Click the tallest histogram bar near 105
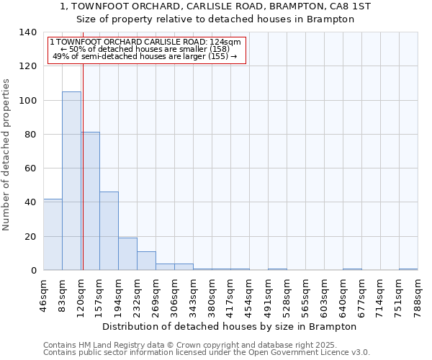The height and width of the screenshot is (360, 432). (71, 181)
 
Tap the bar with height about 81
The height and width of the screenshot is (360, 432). (91, 201)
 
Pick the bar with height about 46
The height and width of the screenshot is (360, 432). (109, 230)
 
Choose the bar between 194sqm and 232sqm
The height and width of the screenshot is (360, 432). (127, 253)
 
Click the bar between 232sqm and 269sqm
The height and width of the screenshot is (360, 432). (146, 261)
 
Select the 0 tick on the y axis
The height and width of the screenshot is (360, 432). (33, 271)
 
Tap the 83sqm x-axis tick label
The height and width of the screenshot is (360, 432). (63, 295)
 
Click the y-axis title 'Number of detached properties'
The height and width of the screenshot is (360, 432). (7, 156)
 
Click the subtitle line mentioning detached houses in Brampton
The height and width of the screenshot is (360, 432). (216, 19)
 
